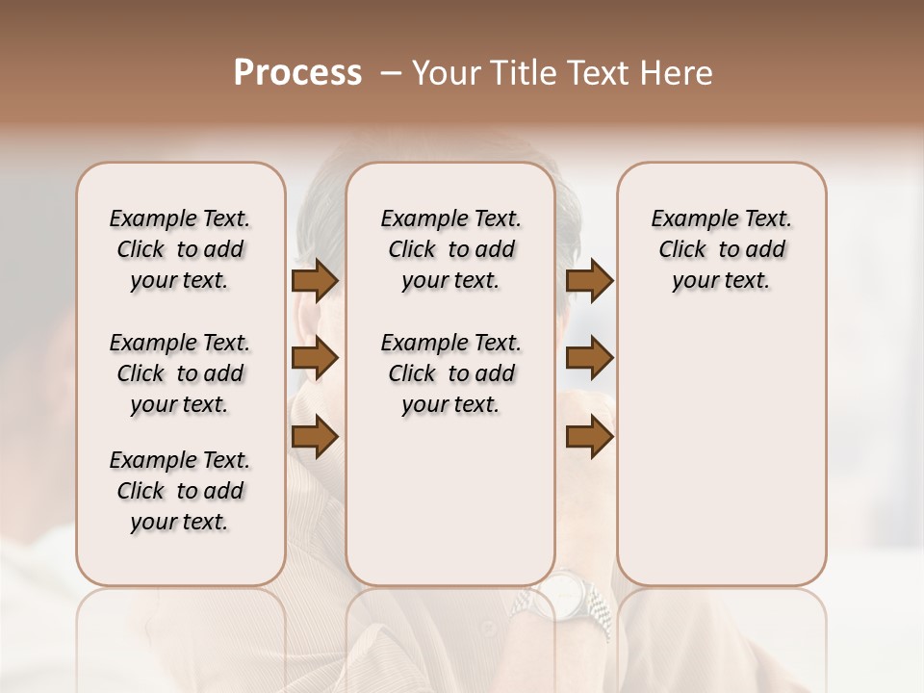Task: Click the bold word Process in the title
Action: tap(297, 73)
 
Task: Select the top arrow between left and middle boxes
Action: tap(315, 280)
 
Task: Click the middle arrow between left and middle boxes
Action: tap(315, 359)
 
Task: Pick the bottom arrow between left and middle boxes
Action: tap(315, 437)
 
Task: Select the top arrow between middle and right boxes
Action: tap(589, 280)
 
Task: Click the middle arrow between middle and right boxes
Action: tap(589, 359)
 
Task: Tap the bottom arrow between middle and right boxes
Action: tap(589, 437)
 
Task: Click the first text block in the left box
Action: tap(180, 249)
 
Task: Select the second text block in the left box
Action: tap(180, 373)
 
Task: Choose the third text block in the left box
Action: tap(180, 491)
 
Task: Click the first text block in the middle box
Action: tap(450, 249)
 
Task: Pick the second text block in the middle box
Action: tap(450, 373)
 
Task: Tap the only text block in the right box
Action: tap(721, 249)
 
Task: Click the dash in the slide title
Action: tap(391, 73)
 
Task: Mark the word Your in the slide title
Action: tap(447, 73)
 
